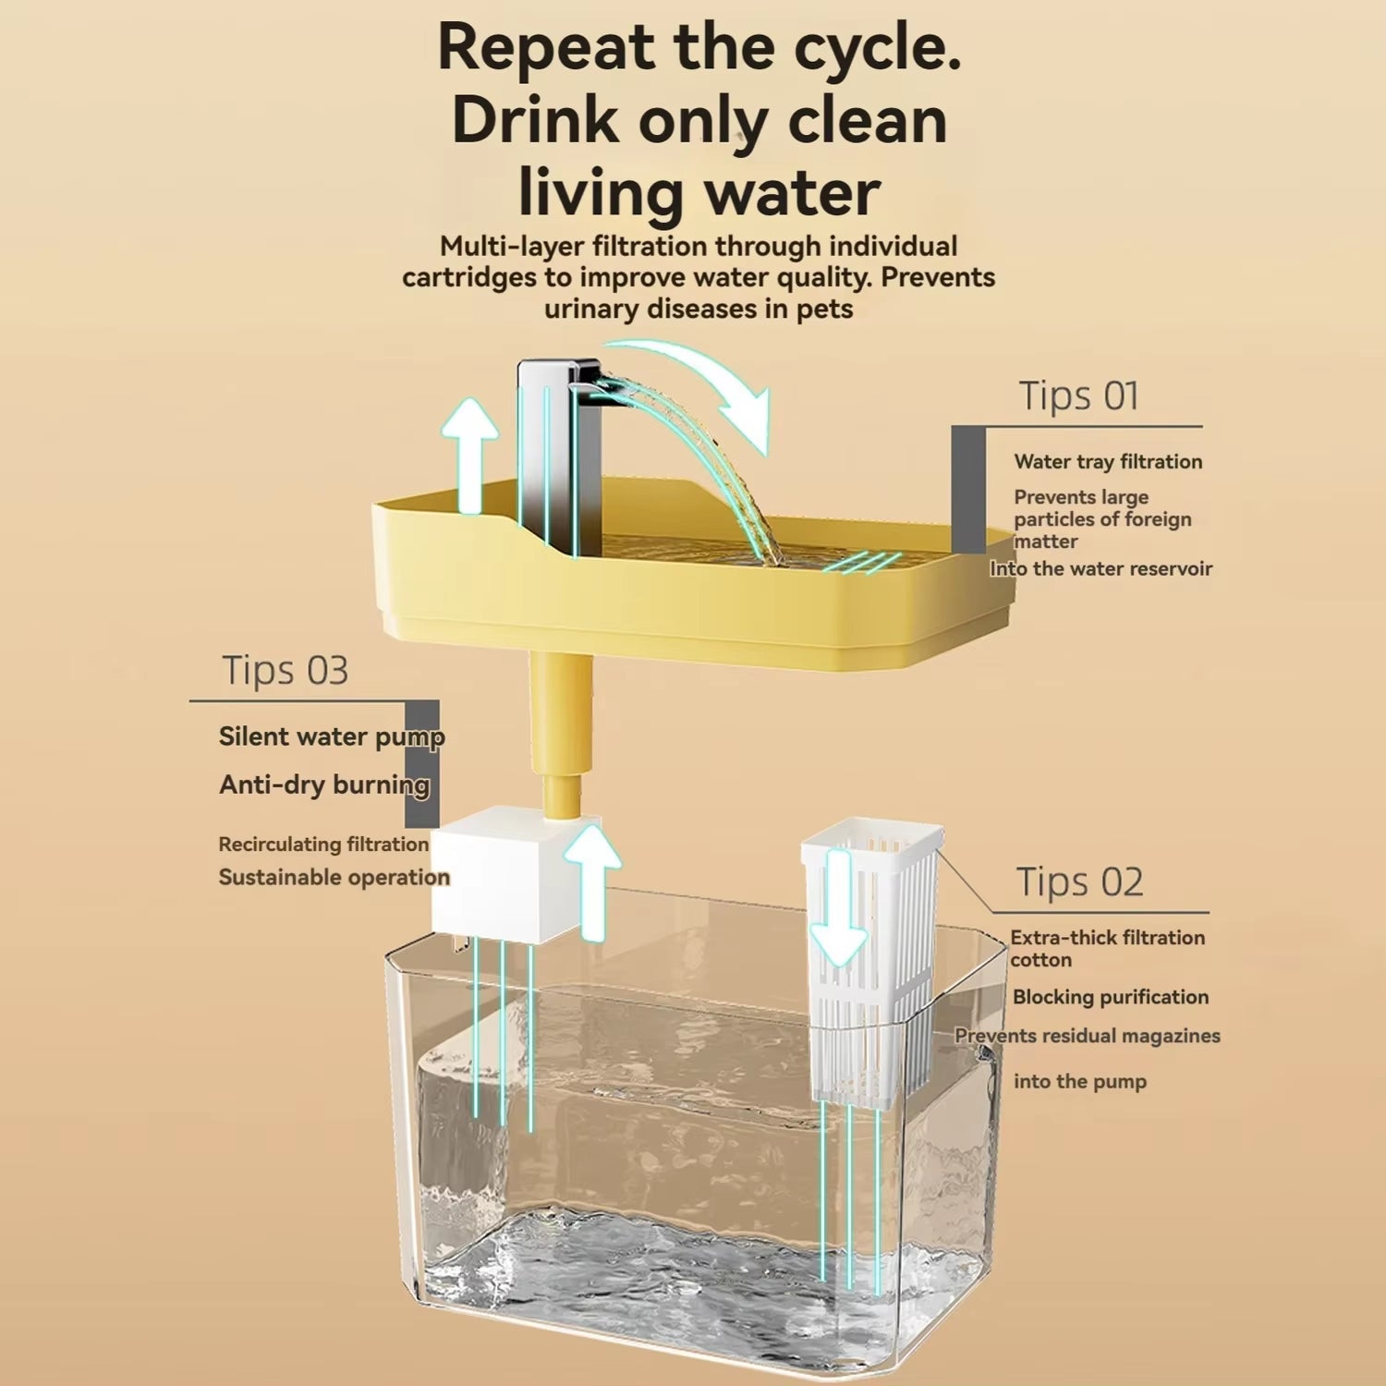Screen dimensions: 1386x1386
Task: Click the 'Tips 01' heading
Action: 1078,396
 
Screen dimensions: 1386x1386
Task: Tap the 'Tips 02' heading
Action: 1079,882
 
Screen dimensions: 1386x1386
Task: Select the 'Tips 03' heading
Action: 286,671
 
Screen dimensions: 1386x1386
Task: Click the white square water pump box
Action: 494,873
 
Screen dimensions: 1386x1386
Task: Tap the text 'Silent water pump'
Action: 332,737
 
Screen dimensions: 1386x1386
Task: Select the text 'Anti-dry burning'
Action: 324,785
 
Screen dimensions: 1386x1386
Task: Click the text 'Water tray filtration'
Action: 1108,462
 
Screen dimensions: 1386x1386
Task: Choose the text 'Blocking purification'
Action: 1110,997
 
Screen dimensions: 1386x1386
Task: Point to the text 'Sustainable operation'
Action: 334,878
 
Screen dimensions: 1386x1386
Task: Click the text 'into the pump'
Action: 1079,1082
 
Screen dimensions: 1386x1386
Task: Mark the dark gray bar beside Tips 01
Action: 968,490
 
